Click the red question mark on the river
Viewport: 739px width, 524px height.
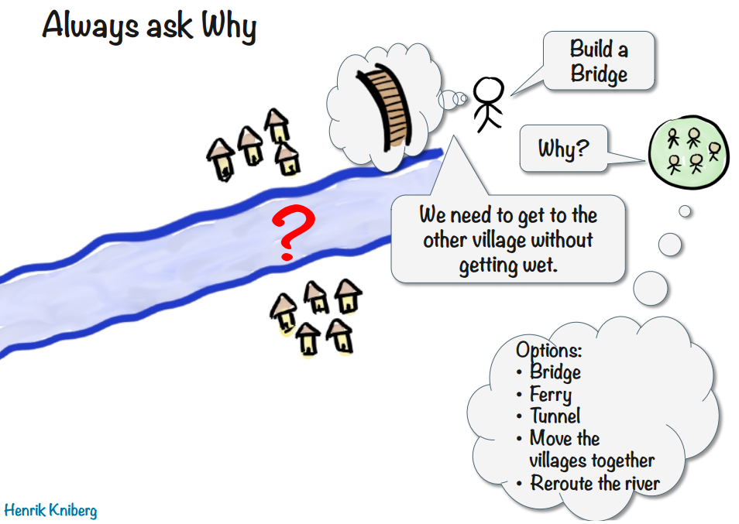288,233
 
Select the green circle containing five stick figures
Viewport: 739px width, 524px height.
688,149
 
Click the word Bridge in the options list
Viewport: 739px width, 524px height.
555,372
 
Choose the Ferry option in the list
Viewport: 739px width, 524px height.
551,395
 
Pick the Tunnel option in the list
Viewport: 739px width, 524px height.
555,416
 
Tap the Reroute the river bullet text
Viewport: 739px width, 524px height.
595,484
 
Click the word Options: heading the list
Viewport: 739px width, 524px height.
548,350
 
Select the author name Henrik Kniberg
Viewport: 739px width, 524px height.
51,511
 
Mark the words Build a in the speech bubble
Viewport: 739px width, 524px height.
599,50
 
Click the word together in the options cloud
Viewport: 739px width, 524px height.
623,461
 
